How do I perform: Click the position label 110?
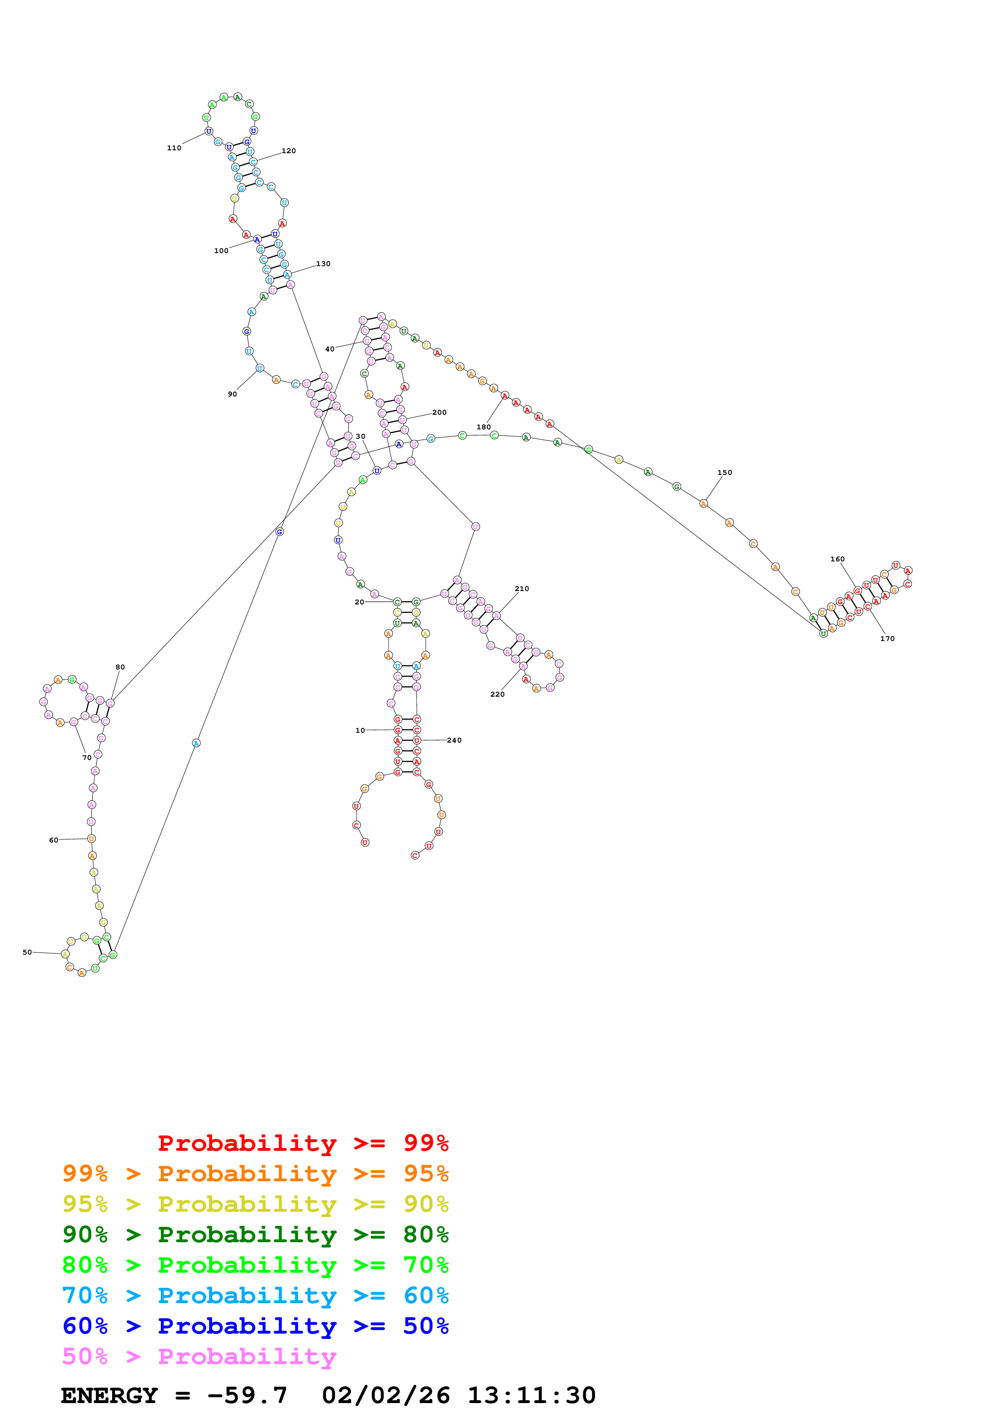pos(174,148)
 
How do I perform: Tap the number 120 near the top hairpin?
pos(288,151)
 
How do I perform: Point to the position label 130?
pos(323,264)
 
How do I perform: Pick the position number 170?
pos(887,639)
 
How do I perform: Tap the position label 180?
pos(483,427)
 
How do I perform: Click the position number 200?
pos(439,413)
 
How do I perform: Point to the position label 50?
pos(27,952)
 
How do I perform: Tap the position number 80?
pos(120,667)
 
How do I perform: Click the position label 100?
pos(221,251)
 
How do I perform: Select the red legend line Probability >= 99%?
pos(303,1143)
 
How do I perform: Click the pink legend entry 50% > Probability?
pos(199,1357)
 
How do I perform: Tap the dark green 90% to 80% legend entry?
pos(255,1234)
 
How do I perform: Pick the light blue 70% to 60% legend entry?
pos(255,1296)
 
